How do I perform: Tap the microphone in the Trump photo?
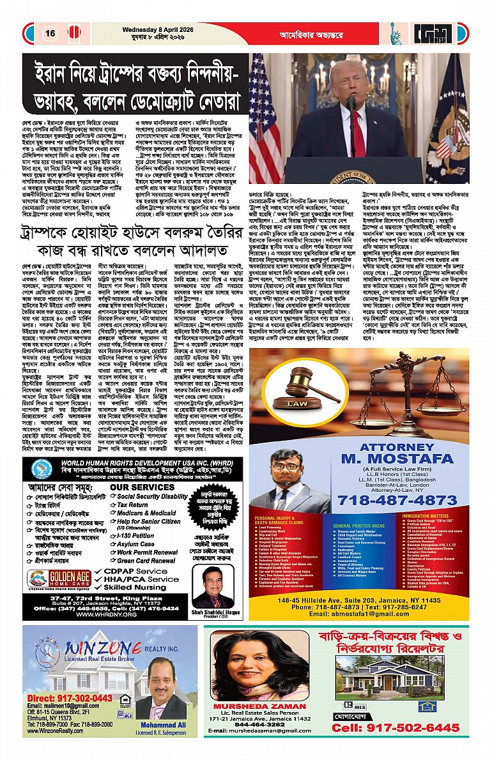(x=351, y=102)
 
